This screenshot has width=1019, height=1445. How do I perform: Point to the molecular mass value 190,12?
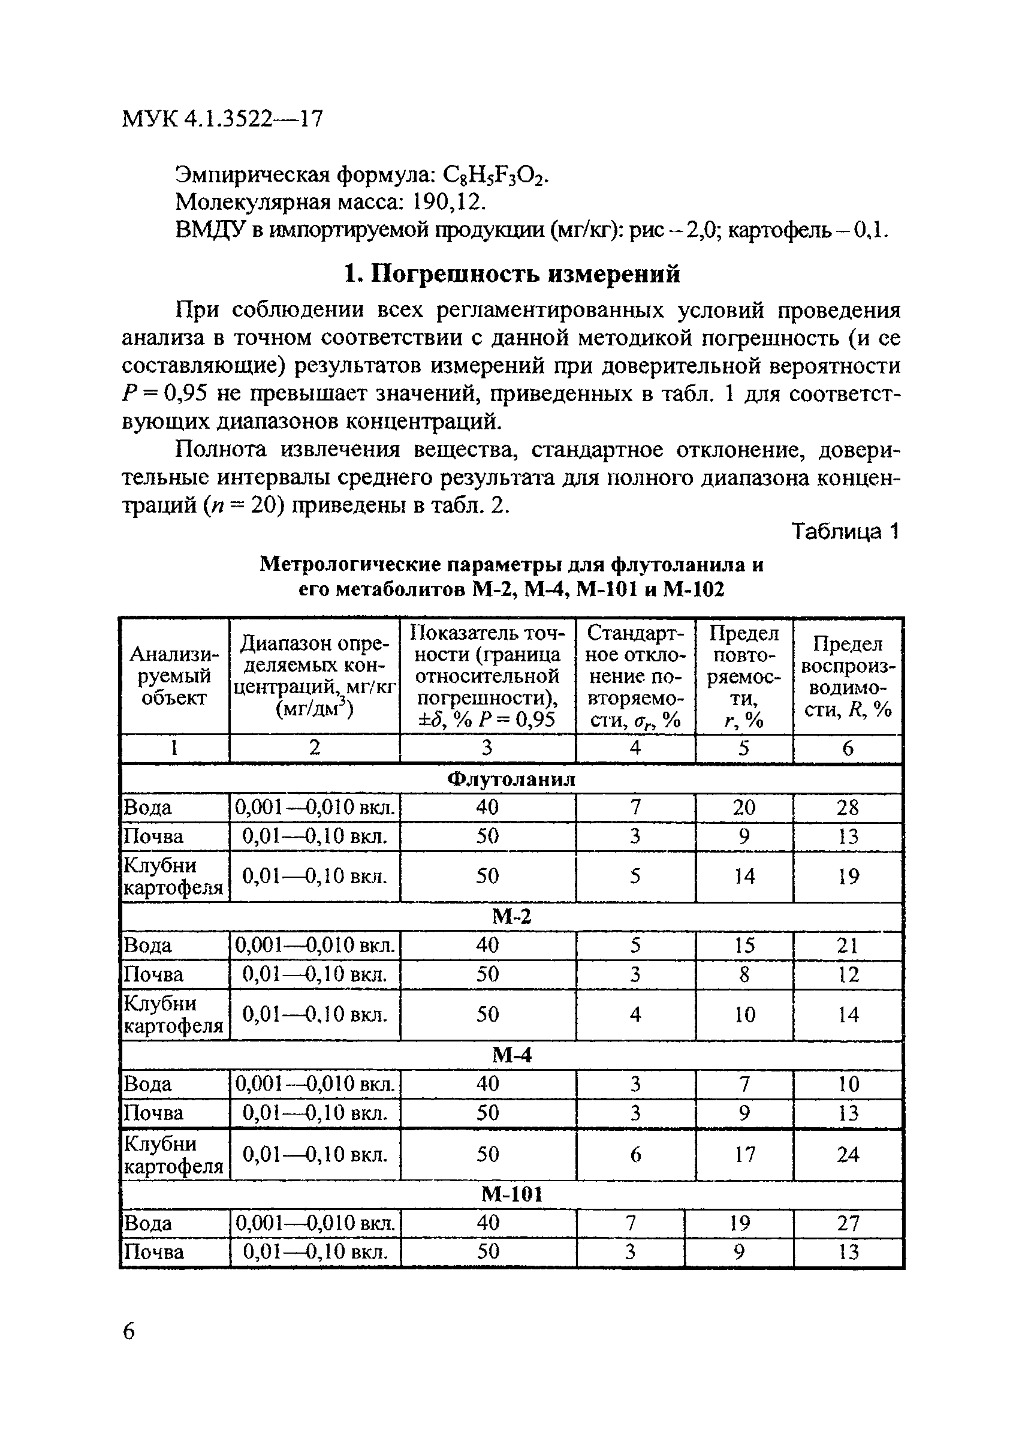449,203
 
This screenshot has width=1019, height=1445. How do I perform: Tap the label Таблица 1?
845,532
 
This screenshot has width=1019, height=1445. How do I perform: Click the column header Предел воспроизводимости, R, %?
848,676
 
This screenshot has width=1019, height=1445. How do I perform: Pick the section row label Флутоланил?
511,779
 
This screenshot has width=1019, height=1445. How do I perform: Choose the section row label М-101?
511,1194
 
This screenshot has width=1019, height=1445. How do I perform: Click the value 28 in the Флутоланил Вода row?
848,808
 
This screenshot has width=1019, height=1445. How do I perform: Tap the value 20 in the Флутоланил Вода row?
743,808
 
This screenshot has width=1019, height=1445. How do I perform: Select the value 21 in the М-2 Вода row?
848,946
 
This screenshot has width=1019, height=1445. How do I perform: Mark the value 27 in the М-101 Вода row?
848,1223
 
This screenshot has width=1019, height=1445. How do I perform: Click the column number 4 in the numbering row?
635,748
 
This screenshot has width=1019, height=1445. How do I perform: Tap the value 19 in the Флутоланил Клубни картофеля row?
848,876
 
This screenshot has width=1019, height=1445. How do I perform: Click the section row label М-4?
511,1055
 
